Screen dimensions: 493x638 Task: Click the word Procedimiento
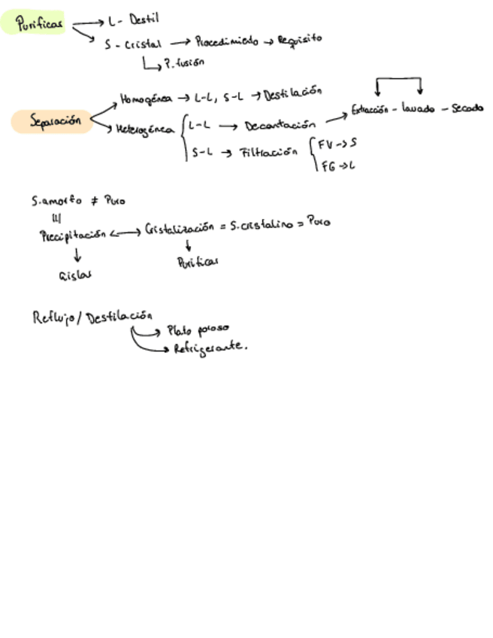227,41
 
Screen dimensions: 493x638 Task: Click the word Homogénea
145,99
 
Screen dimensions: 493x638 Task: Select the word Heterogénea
147,129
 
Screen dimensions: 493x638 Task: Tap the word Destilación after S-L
292,92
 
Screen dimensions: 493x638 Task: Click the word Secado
467,108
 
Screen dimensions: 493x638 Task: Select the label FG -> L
337,165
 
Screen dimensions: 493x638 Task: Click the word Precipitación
72,235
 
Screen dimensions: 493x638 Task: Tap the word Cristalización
186,228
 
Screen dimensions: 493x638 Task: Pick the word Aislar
75,275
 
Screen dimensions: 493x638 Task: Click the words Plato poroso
198,329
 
